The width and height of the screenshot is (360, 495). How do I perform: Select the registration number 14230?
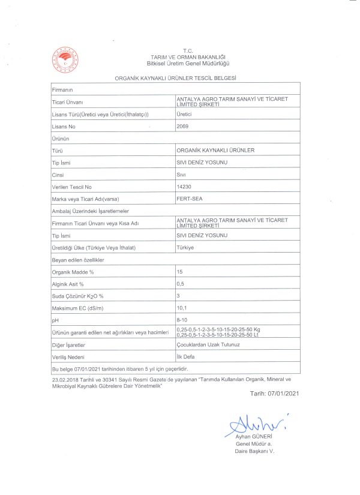point(184,187)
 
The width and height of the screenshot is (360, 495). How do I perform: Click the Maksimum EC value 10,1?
point(182,308)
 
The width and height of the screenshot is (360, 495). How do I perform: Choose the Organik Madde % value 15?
point(179,272)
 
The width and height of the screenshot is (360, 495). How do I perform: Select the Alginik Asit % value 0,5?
point(181,283)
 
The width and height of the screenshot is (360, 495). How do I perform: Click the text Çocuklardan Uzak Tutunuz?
point(208,345)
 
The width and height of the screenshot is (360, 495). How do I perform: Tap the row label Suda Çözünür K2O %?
point(78,296)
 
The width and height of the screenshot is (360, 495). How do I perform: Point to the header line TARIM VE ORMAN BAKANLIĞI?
point(188,57)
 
